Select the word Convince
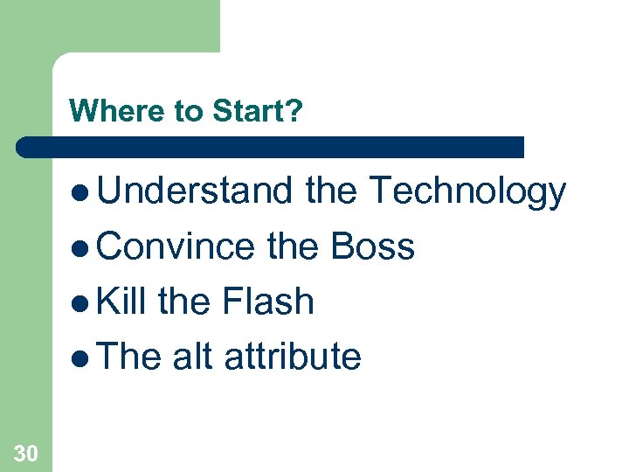176,246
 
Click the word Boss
372,246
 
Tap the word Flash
267,302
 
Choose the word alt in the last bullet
192,357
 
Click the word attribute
292,357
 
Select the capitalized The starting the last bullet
129,357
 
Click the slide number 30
25,452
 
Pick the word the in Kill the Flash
184,302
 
